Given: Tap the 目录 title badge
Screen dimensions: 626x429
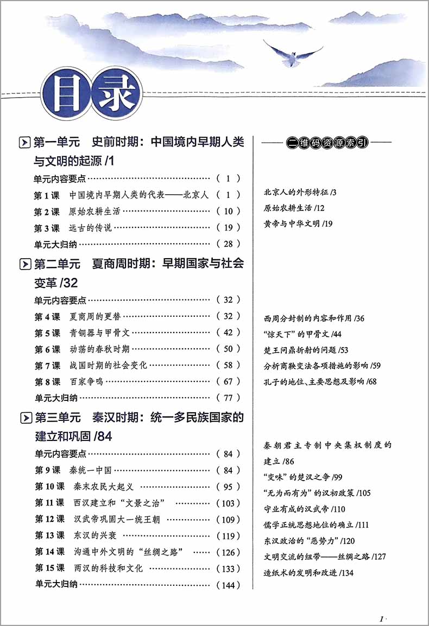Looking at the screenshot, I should click(x=90, y=94).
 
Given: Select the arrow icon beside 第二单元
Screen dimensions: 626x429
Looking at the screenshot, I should click(x=24, y=264).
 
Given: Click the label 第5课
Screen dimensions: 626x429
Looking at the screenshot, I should click(x=47, y=333).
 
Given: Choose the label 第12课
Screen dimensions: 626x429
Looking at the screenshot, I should click(x=49, y=519).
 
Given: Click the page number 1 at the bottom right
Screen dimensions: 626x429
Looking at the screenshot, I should click(x=383, y=618).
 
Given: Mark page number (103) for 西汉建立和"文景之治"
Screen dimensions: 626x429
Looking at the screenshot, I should click(x=228, y=503).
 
